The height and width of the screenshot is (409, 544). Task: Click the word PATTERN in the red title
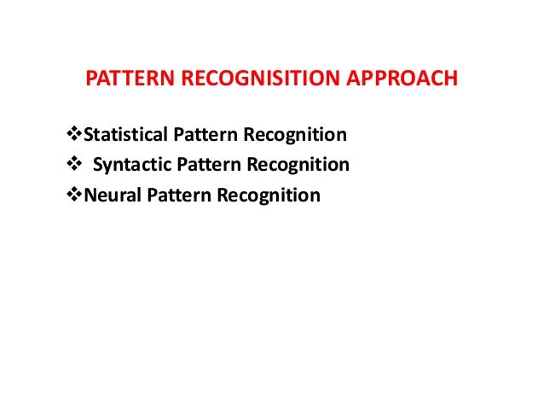(123, 80)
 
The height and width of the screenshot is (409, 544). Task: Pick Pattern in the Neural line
(171, 196)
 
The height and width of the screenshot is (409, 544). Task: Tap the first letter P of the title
(92, 80)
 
